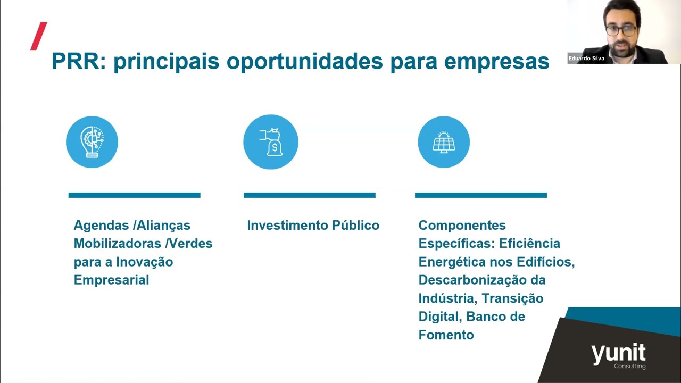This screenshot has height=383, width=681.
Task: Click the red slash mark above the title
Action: [x=39, y=36]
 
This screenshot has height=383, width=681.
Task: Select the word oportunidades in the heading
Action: [x=304, y=62]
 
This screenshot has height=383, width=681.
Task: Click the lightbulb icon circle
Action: [x=92, y=142]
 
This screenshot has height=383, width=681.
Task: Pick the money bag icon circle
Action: [x=270, y=142]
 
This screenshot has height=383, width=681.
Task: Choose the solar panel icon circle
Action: [x=444, y=142]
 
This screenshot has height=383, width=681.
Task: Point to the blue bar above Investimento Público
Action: [x=309, y=195]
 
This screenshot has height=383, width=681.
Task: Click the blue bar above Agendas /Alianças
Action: [x=134, y=195]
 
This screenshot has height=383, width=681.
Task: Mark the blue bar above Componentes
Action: [x=480, y=195]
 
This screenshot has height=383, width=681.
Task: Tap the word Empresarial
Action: [x=111, y=280]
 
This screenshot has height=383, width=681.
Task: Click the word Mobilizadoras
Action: [x=117, y=244]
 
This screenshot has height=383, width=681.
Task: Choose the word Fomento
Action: [x=446, y=335]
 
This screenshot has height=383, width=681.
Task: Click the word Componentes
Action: [x=462, y=226]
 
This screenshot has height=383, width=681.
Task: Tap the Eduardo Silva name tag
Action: [x=586, y=59]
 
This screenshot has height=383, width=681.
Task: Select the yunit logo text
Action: [x=618, y=354]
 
